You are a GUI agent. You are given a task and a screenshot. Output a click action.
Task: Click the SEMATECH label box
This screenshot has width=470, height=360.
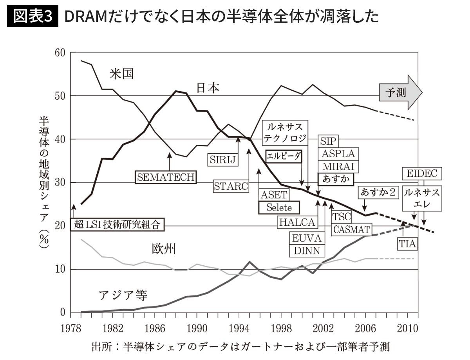166,177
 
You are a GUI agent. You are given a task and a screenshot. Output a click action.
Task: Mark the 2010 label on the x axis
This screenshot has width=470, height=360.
406,328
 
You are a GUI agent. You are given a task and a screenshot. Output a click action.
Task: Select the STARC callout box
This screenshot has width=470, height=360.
231,186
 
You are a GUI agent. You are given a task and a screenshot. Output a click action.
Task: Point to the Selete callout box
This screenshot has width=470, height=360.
279,207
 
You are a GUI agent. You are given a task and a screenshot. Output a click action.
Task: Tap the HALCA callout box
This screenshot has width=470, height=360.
297,222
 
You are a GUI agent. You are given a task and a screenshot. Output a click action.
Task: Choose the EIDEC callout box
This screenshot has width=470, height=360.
421,173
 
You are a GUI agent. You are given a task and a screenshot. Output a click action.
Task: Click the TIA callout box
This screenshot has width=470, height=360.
407,243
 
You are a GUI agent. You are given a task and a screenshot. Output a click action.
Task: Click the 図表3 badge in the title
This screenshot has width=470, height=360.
33,17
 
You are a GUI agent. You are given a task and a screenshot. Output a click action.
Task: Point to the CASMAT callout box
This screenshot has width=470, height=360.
351,229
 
